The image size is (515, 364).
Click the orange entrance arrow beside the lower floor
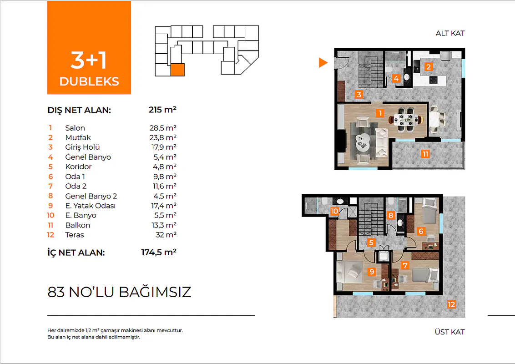[323, 62]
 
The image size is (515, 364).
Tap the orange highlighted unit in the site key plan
[177, 70]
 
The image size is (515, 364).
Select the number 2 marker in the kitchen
[428, 67]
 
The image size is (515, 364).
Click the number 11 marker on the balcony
[425, 154]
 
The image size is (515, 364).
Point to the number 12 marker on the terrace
[451, 304]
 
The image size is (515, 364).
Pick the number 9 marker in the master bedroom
[372, 272]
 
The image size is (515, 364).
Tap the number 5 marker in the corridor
[371, 243]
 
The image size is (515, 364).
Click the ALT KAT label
[450, 33]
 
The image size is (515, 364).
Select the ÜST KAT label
[449, 332]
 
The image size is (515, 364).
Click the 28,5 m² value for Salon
[163, 128]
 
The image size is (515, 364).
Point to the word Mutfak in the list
[78, 138]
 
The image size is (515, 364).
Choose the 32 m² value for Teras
[166, 235]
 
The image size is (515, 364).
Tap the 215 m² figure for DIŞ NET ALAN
[162, 109]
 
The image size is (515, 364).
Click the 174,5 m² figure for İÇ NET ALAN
[159, 252]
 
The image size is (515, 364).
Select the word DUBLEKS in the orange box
[89, 81]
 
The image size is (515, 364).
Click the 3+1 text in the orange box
[89, 60]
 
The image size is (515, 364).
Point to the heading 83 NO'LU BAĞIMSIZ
[119, 292]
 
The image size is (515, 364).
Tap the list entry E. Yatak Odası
[91, 206]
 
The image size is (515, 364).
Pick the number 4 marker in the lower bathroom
[396, 78]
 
